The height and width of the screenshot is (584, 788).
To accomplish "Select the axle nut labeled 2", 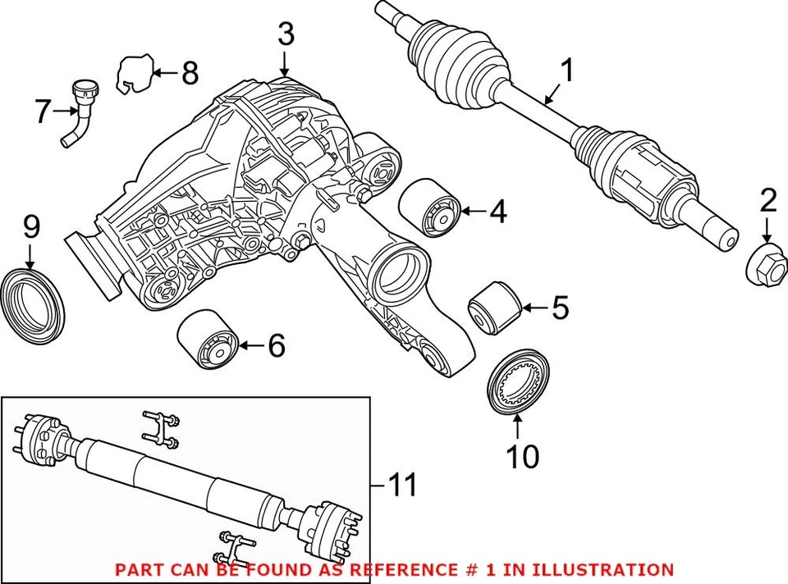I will [x=767, y=261].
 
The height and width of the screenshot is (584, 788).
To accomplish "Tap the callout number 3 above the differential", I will [x=285, y=34].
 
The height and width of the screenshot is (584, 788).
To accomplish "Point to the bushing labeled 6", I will [x=208, y=344].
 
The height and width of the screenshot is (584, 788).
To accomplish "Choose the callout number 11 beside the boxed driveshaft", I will [x=401, y=486].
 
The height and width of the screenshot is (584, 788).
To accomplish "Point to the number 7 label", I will [x=43, y=112].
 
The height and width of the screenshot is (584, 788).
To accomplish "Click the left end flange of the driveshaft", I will [x=38, y=437].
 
